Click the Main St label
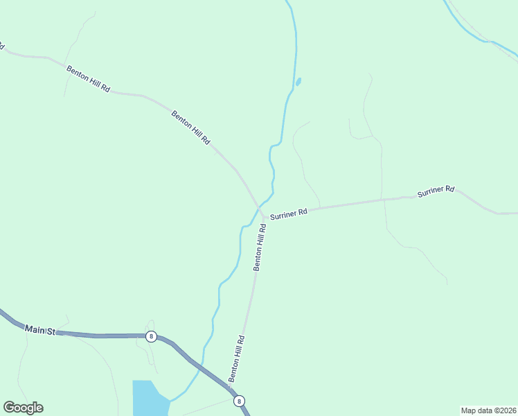coord(39,330)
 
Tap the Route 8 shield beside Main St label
coord(151,336)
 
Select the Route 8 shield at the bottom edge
coord(239,401)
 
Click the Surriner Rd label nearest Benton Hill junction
coord(288,215)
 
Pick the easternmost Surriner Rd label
coord(436,191)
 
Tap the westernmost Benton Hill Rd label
coord(88,79)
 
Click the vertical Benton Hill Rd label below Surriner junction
coord(260,247)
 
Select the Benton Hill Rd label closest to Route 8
coord(237,358)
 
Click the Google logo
coord(23,408)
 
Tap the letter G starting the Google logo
coord(8,408)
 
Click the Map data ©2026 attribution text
coord(488,410)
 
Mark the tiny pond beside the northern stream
coord(298,82)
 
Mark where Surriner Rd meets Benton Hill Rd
coord(261,210)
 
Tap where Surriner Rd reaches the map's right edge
coord(515,214)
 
